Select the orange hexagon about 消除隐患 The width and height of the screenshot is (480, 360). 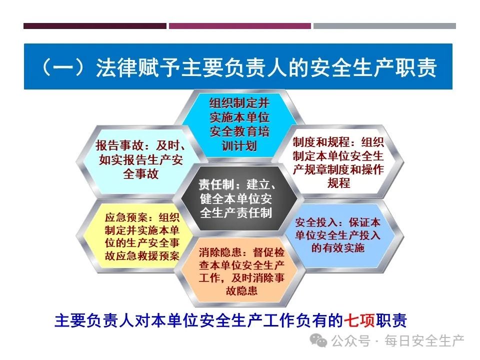click(241, 271)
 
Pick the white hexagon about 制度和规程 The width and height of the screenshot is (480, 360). click(338, 161)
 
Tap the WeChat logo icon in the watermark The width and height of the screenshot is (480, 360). click(318, 340)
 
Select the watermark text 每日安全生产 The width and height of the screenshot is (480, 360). click(424, 340)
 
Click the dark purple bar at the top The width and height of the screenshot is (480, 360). click(95, 26)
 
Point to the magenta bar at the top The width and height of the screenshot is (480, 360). click(239, 26)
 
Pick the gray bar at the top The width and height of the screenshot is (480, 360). click(384, 26)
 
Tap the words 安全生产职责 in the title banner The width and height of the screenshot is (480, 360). click(373, 66)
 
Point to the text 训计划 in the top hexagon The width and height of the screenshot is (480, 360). click(239, 145)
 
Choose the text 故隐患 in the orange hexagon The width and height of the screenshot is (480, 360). click(241, 290)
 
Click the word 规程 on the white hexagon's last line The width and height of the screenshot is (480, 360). click(338, 183)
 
